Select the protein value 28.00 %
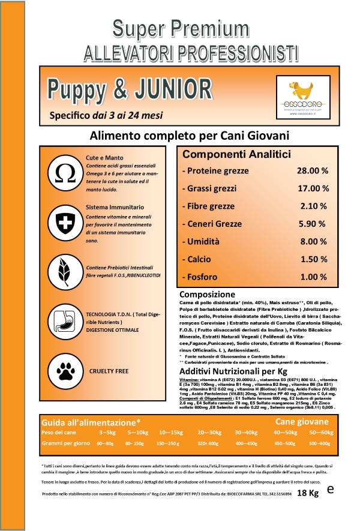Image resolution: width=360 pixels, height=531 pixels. (313, 171)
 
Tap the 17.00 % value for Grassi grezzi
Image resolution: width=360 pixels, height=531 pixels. (313, 188)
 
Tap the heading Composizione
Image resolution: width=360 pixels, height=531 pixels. (207, 295)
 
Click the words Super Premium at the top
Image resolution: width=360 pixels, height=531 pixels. (179, 27)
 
